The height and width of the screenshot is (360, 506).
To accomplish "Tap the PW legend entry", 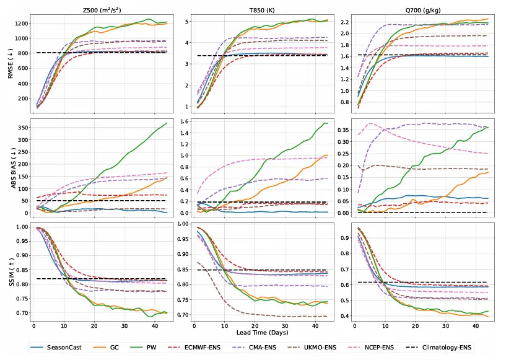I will click(167, 347).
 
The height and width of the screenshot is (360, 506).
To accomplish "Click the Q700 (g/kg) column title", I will click(420, 9).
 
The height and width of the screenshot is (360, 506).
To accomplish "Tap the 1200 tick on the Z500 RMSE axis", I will click(19, 24).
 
